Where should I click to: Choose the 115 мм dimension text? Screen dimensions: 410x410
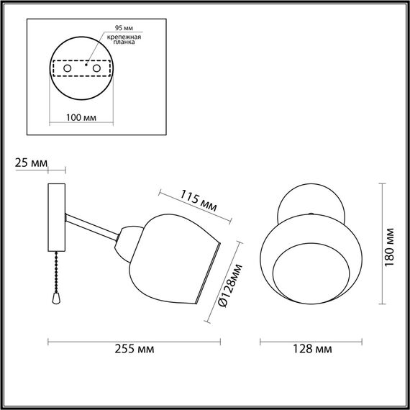pos(198,199)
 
